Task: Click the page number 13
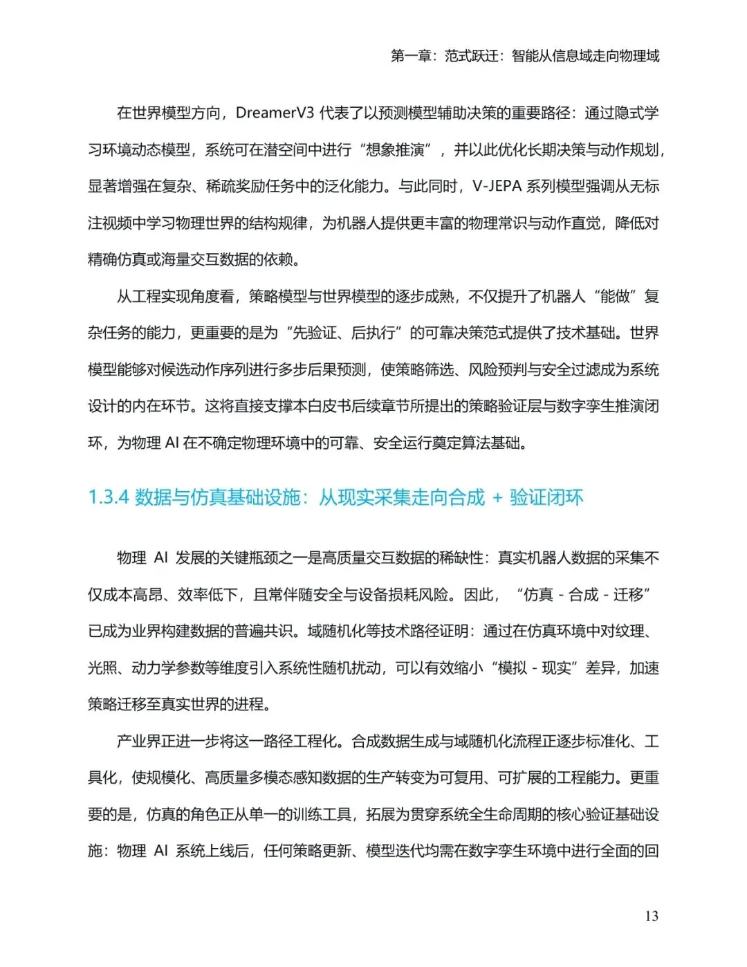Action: (651, 916)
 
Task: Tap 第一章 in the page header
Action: (412, 56)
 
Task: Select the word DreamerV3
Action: (275, 113)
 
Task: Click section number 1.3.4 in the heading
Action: (109, 497)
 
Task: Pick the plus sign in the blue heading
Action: (497, 498)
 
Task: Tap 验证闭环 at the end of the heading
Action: (546, 497)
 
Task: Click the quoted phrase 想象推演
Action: (396, 149)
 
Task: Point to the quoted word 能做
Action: (615, 296)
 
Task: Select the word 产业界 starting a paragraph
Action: (138, 741)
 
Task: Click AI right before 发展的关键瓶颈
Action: (160, 558)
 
